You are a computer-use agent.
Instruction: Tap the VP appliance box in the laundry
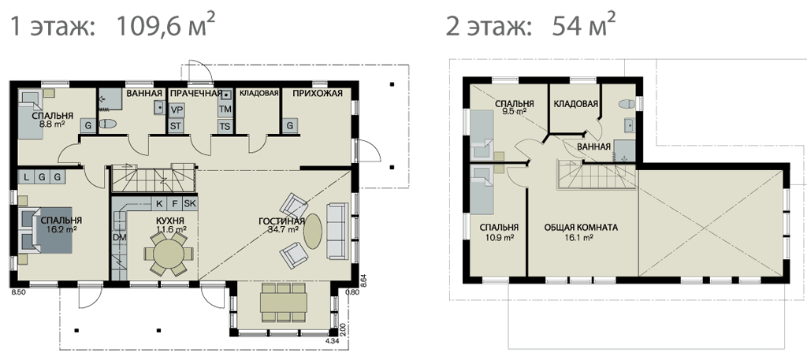point(177,109)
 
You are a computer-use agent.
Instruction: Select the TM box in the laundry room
point(225,109)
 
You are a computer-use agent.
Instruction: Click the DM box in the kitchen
point(120,238)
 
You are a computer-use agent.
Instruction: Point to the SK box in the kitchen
point(190,203)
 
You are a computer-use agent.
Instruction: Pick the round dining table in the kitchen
point(169,254)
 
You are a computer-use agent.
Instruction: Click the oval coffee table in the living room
point(312,232)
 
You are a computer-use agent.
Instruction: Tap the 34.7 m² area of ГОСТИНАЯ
point(284,230)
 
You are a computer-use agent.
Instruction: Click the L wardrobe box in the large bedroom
point(26,176)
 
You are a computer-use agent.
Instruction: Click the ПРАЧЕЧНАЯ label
point(196,93)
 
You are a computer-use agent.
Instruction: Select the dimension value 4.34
point(333,341)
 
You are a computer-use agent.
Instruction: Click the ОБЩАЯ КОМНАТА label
point(581,228)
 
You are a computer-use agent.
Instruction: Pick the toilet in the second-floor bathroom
point(627,105)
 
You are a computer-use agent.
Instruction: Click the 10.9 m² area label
point(499,237)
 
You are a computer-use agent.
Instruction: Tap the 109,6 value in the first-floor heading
point(149,27)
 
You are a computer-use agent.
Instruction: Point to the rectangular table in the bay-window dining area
point(284,302)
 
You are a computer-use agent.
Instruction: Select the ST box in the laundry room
point(177,126)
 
